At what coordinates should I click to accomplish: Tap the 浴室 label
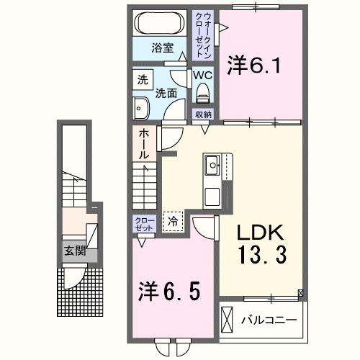pyautogui.click(x=161, y=48)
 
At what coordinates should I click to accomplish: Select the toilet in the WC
pyautogui.click(x=202, y=91)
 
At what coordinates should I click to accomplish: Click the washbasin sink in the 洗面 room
pyautogui.click(x=140, y=109)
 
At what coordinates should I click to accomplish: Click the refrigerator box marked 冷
pyautogui.click(x=174, y=222)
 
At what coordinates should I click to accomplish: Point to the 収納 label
pyautogui.click(x=203, y=114)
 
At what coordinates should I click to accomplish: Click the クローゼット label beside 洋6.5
pyautogui.click(x=141, y=223)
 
